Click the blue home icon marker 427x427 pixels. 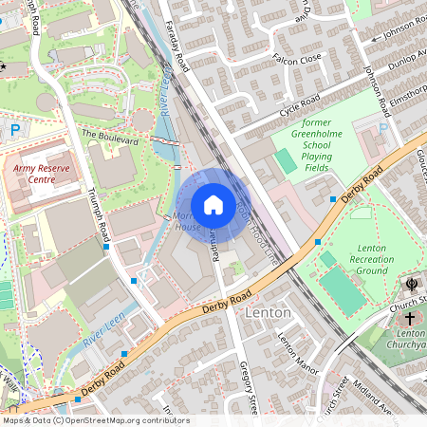click(x=213, y=205)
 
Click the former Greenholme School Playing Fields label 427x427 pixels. click(x=328, y=145)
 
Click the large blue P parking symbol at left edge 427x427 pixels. click(x=14, y=130)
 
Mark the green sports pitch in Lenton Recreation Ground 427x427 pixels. click(x=343, y=290)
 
